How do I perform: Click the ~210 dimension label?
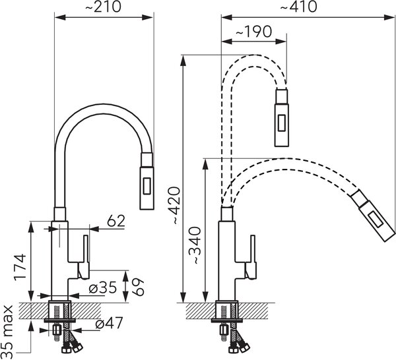pos(103,7)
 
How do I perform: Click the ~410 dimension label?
pos(298,7)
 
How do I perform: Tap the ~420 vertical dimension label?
pos(176,206)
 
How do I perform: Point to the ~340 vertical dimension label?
pos(197,245)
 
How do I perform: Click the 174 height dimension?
pos(20,267)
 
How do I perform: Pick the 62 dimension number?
pos(116,221)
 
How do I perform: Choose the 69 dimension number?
pos(138,287)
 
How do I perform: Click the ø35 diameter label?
pos(103,287)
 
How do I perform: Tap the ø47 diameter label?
pos(109,322)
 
